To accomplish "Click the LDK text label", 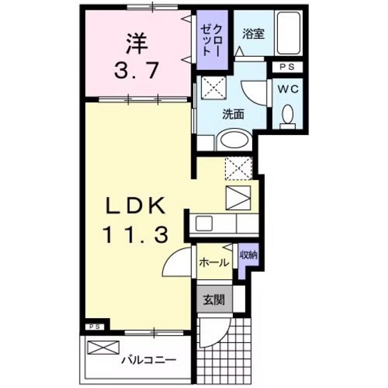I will click(136, 206).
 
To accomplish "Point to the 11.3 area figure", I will click(136, 236).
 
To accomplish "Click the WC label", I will click(288, 89).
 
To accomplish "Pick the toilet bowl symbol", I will click(288, 116).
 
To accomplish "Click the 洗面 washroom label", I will click(233, 114).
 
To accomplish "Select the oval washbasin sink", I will click(232, 141).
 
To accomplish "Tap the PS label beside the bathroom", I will click(286, 67).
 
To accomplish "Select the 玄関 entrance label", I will click(213, 300).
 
